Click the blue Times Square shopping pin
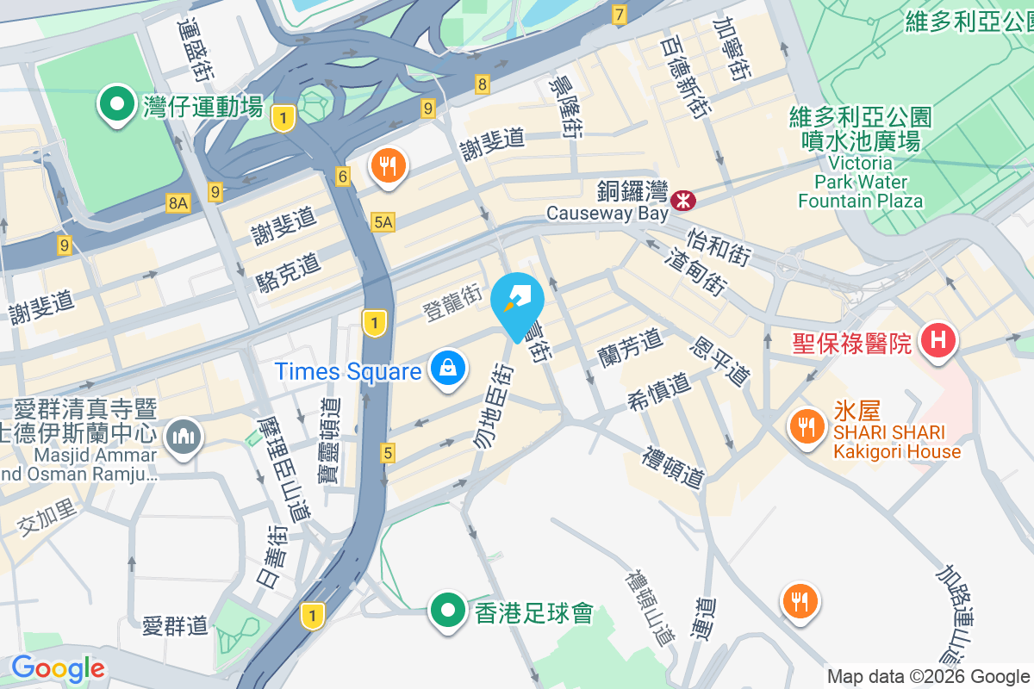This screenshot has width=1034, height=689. point(449,369)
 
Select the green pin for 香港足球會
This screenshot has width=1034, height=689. point(447,611)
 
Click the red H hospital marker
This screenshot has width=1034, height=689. point(938,340)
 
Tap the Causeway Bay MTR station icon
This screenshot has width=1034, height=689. point(685,201)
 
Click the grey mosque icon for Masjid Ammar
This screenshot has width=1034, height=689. point(183,438)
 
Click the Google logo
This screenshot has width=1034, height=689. point(58,668)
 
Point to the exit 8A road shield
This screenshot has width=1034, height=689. point(178,203)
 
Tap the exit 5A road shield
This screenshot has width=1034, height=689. point(383,223)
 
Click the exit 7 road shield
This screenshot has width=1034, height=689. point(619,15)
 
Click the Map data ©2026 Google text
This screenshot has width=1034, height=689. point(928,677)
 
